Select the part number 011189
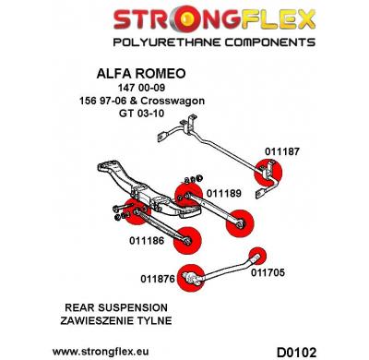pos(223,193)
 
